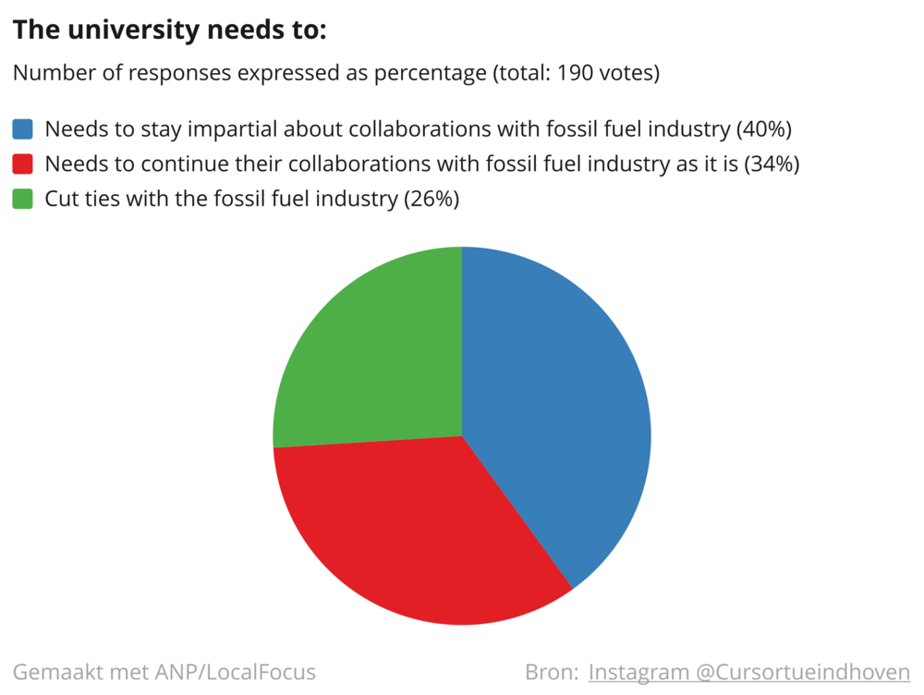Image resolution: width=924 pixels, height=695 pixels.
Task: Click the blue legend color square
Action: pyautogui.click(x=22, y=129)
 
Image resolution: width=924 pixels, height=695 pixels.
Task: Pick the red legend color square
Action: pyautogui.click(x=22, y=164)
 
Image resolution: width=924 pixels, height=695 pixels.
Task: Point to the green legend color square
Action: pyautogui.click(x=22, y=199)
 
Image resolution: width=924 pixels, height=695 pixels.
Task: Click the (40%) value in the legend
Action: pyautogui.click(x=764, y=129)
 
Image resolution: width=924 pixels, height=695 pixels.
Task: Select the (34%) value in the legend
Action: pyautogui.click(x=772, y=164)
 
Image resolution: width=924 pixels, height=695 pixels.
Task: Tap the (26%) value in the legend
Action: pyautogui.click(x=432, y=199)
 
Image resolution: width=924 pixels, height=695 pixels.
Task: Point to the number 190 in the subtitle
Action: pyautogui.click(x=575, y=73)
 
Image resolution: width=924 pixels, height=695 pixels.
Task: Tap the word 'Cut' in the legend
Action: pyautogui.click(x=62, y=199)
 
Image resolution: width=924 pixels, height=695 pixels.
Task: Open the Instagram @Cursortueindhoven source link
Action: pyautogui.click(x=749, y=672)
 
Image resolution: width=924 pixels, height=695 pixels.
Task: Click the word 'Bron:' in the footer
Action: pyautogui.click(x=552, y=672)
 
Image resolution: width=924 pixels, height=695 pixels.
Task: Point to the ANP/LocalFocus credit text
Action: pyautogui.click(x=236, y=672)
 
